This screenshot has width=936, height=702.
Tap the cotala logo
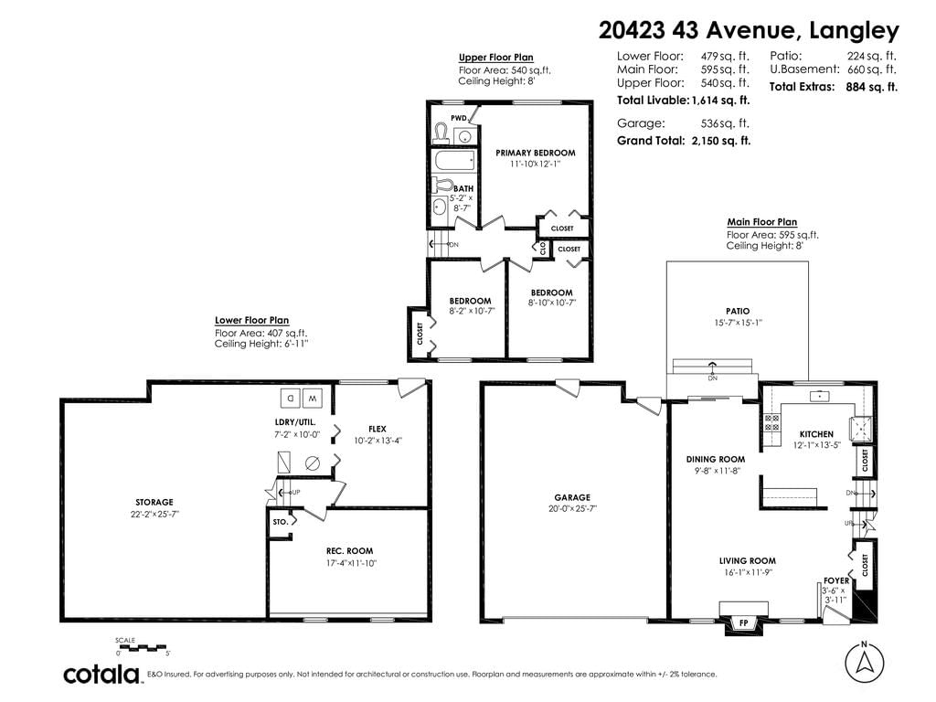(101, 674)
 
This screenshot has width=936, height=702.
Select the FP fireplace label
(744, 623)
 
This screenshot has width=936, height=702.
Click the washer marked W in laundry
(313, 398)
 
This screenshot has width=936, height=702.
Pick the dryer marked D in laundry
(291, 398)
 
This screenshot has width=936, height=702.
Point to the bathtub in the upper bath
(455, 161)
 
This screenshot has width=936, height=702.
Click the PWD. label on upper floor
(459, 118)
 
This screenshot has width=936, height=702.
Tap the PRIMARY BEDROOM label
(536, 153)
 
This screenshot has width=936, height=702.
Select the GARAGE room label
(572, 497)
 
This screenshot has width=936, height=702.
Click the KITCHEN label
(816, 434)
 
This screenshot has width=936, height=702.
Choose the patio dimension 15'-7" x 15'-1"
(738, 323)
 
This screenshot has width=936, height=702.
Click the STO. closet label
(281, 522)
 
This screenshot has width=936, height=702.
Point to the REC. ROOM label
(349, 551)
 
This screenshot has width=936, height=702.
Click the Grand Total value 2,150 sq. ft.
(721, 141)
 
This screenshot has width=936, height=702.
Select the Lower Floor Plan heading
(252, 321)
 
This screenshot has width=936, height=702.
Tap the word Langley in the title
(854, 30)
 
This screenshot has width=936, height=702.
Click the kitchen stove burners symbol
(771, 422)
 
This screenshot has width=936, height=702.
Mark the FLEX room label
(378, 429)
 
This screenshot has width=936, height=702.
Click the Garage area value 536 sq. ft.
(725, 123)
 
